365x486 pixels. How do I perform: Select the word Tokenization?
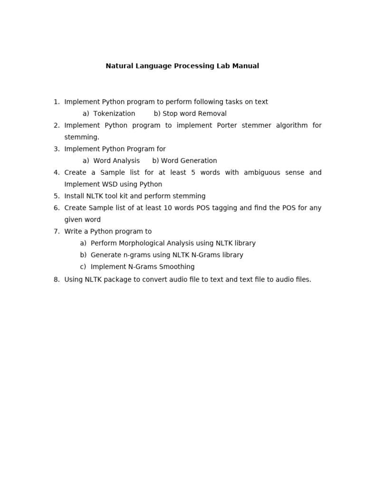114,113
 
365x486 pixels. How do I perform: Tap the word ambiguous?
262,172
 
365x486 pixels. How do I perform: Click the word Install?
74,196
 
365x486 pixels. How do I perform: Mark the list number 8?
57,280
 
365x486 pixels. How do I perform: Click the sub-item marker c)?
83,267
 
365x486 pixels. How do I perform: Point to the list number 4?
57,172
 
